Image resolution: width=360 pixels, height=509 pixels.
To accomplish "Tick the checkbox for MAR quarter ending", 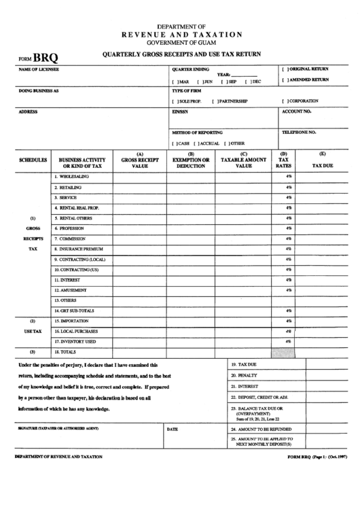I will (175, 82).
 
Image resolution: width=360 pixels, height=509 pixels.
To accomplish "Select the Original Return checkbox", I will (285, 69).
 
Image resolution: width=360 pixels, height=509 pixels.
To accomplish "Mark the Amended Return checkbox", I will (285, 80).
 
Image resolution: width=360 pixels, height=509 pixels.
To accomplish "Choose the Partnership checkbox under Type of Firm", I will (214, 101).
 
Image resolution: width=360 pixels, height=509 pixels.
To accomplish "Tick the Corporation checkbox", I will (285, 101).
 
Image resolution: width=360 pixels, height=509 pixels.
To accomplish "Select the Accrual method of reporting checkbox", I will (196, 143).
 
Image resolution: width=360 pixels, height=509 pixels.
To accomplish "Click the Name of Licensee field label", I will (39, 69).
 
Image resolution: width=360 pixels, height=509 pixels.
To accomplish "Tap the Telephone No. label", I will (299, 132).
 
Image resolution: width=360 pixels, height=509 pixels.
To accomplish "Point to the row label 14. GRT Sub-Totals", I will (77, 311).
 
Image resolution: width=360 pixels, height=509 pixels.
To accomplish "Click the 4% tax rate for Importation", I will (289, 321).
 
